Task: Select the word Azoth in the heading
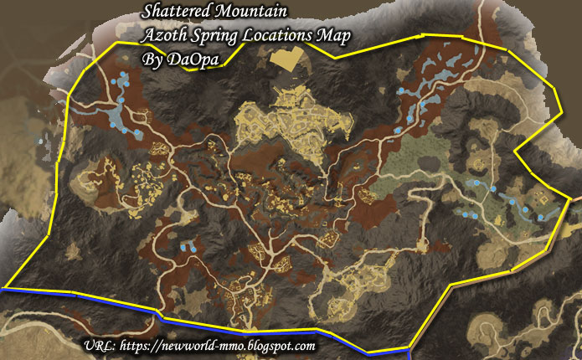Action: [x=162, y=38]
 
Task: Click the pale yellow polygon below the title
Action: [x=290, y=59]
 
